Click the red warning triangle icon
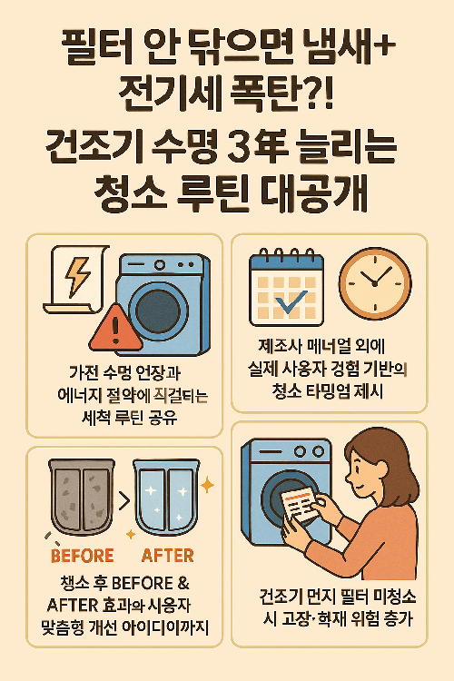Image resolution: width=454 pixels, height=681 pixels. (116, 324)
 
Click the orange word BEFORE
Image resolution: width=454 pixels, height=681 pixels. (82, 555)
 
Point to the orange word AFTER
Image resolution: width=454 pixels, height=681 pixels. (167, 555)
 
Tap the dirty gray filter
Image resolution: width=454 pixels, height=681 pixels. (82, 496)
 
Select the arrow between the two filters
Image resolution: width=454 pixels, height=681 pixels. (124, 498)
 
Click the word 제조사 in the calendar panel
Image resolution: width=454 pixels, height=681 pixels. (283, 345)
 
